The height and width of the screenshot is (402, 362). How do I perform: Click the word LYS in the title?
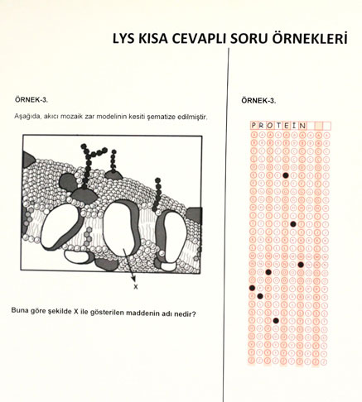(128, 41)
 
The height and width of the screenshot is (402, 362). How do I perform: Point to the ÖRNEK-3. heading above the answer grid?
(258, 100)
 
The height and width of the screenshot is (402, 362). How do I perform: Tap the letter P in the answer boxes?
(253, 126)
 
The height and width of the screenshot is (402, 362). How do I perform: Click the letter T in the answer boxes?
(278, 126)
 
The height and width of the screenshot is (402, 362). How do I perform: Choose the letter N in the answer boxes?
(302, 126)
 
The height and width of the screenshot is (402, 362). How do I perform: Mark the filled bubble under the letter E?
(285, 175)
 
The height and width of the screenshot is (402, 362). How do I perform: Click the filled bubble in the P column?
(253, 287)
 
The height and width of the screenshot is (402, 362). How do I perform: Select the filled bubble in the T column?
(277, 319)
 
